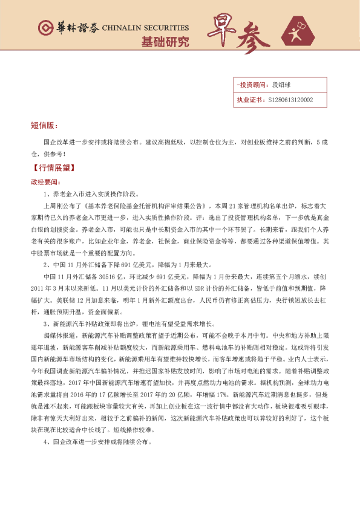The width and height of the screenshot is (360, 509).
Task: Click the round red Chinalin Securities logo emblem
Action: click(45, 28)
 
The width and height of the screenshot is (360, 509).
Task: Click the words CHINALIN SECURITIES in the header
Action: click(145, 28)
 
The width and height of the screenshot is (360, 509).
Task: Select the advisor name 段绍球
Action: click(282, 85)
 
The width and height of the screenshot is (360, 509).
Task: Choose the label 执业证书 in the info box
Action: click(249, 100)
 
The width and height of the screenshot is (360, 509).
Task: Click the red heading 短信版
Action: click(44, 126)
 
